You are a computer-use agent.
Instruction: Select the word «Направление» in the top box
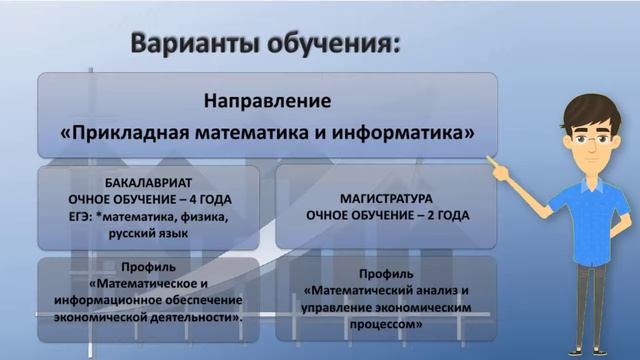[267, 101]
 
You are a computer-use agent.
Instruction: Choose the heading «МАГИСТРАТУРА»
[385, 199]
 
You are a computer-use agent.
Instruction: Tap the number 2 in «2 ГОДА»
[432, 215]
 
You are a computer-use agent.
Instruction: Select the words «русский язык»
[147, 231]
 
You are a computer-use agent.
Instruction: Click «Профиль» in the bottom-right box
[384, 273]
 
